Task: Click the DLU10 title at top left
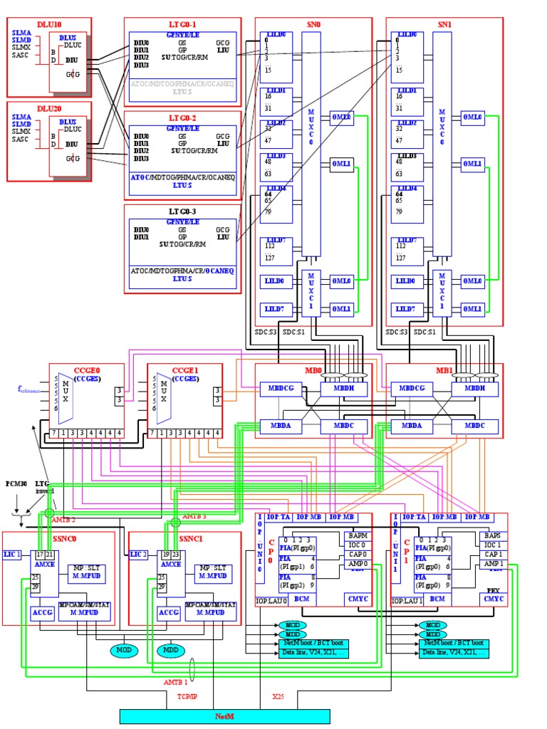click(48, 23)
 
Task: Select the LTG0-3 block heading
click(182, 211)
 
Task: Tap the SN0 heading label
click(313, 23)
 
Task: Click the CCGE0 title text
click(86, 370)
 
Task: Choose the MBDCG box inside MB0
click(276, 389)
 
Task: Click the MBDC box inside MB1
click(474, 426)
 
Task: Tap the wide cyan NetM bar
click(224, 716)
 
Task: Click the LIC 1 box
click(12, 554)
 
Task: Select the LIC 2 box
click(139, 554)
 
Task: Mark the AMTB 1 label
click(175, 682)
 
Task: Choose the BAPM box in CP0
click(357, 535)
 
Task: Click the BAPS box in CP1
click(492, 535)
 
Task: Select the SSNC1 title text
click(192, 538)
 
